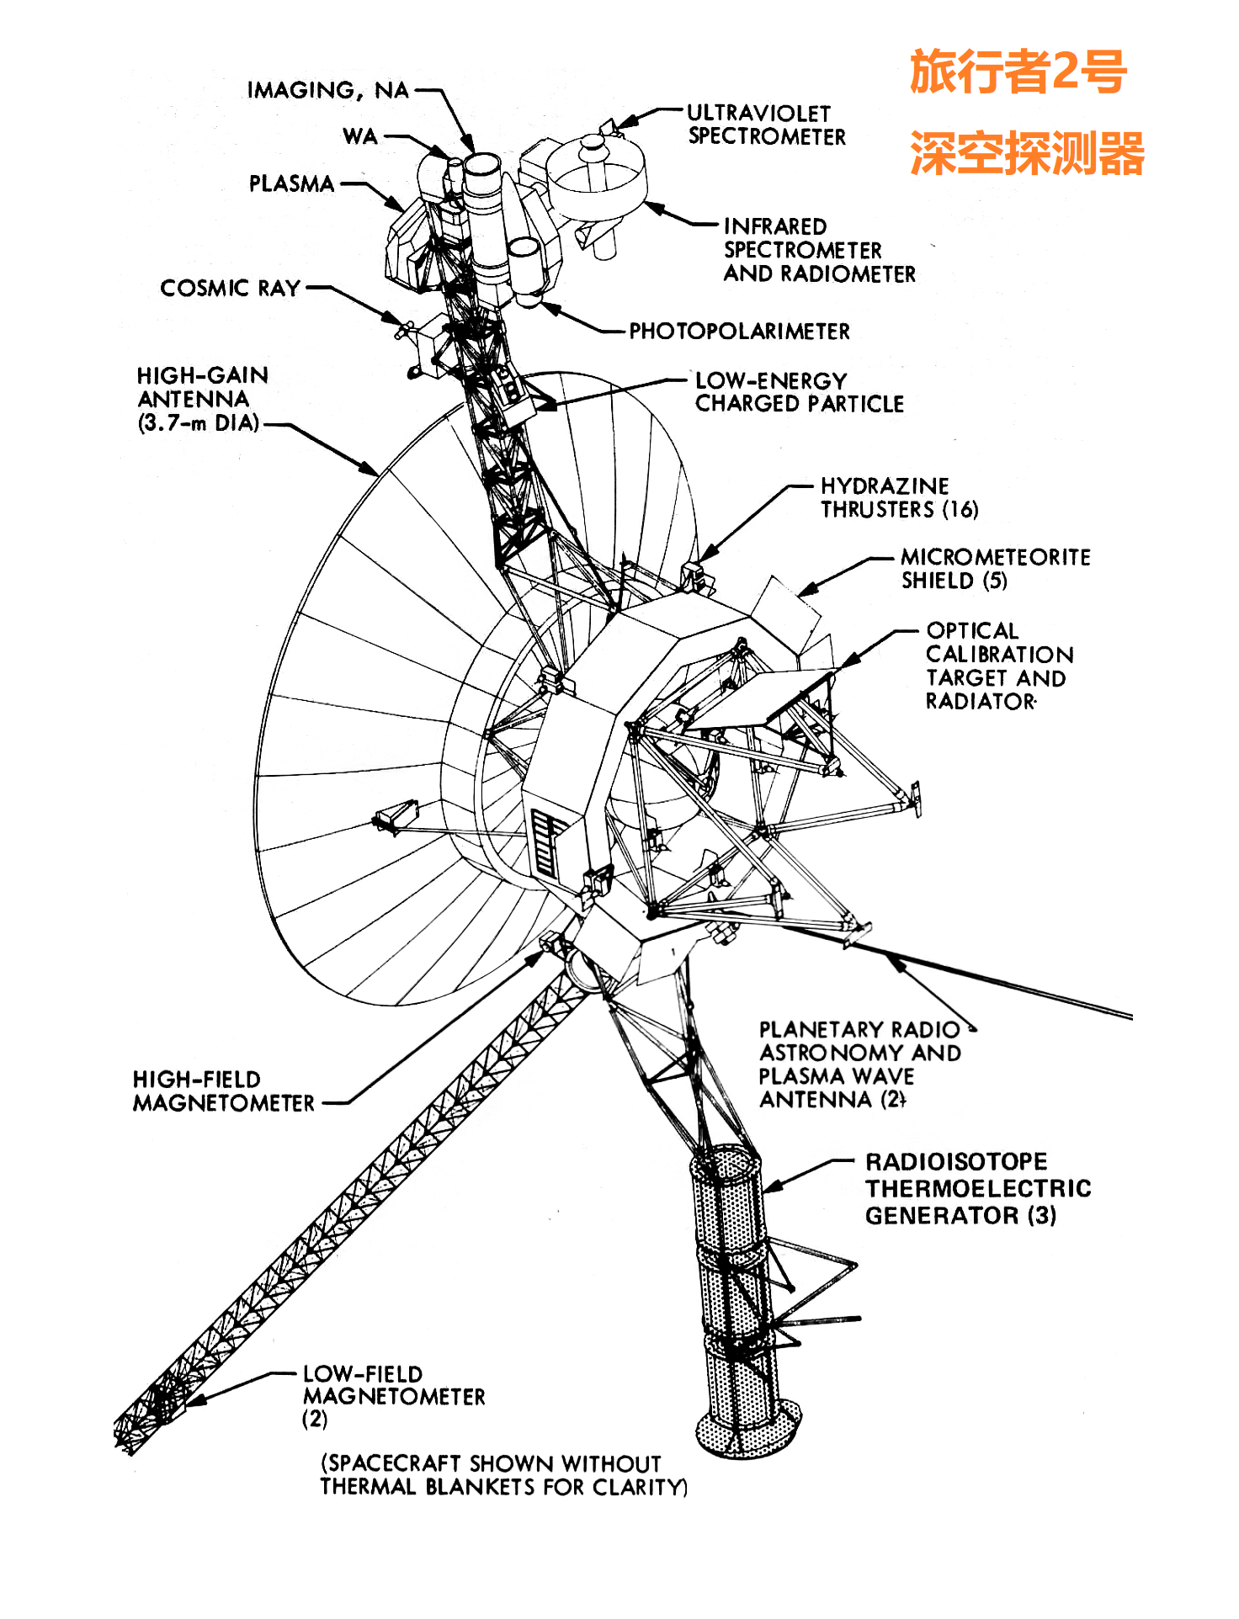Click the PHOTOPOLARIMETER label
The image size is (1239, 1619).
click(739, 331)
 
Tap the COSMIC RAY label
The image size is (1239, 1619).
click(230, 288)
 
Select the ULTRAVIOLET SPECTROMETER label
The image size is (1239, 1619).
click(766, 125)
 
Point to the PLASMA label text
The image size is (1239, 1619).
click(291, 183)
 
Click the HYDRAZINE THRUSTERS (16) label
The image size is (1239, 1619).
click(899, 497)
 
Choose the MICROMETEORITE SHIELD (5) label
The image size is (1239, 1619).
click(995, 568)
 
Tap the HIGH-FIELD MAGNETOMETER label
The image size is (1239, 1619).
click(223, 1091)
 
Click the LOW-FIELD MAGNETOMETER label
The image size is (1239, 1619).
click(393, 1396)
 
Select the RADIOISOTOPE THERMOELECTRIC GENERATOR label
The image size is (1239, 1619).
click(977, 1188)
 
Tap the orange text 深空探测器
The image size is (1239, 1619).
click(1026, 153)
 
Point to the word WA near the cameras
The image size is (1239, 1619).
click(360, 136)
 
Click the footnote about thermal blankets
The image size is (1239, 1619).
click(503, 1475)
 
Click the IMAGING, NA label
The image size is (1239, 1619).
click(327, 90)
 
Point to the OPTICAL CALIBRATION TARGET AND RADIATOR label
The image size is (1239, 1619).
click(999, 666)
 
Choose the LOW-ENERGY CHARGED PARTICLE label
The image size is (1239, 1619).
click(799, 392)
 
